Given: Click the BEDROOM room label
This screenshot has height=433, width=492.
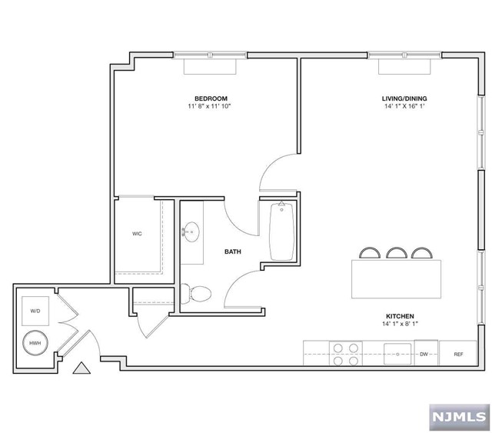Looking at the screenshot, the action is (x=211, y=98).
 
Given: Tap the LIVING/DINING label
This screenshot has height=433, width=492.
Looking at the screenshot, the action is (x=404, y=98).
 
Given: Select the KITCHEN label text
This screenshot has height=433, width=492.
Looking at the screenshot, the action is (x=400, y=316).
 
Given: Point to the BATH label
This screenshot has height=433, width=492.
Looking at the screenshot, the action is (x=233, y=251).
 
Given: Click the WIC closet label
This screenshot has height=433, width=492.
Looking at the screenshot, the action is (x=137, y=234).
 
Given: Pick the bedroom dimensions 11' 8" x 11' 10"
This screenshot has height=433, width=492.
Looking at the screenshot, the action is (x=209, y=106).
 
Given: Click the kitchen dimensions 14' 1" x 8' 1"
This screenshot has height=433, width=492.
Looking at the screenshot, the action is (x=400, y=324).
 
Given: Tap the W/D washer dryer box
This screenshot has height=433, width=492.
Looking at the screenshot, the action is (x=35, y=311).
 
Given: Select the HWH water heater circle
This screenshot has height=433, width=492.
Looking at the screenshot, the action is (x=35, y=343).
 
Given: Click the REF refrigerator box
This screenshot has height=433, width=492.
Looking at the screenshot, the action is (x=458, y=353).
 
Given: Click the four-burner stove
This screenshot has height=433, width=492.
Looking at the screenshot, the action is (x=346, y=354).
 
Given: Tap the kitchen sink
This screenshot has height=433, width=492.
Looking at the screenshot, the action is (x=397, y=354).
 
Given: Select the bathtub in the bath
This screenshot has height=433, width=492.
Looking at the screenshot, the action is (x=282, y=231).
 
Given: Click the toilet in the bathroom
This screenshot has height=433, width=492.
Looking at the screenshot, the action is (x=196, y=294).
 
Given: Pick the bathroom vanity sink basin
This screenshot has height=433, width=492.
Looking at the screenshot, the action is (x=191, y=232).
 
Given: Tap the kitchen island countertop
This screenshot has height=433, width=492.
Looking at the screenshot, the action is (x=396, y=279).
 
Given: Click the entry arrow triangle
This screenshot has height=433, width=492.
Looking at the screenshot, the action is (x=81, y=368).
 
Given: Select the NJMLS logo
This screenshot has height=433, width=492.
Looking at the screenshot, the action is (x=460, y=418).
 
